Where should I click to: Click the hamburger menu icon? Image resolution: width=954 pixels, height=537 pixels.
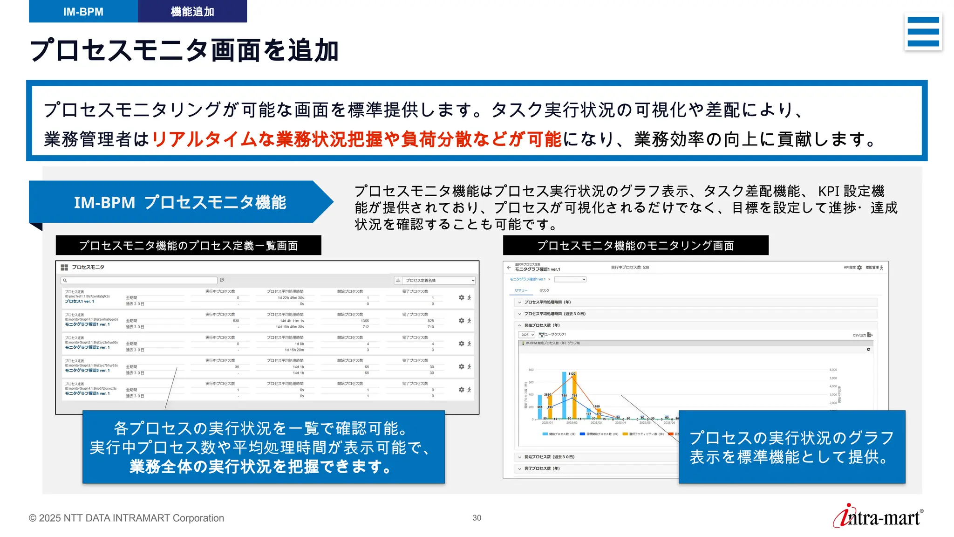[923, 32]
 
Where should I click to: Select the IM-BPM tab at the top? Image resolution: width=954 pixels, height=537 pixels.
[83, 12]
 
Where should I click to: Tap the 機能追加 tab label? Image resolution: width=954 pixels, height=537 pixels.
[192, 12]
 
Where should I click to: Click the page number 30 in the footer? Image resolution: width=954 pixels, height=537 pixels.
[477, 518]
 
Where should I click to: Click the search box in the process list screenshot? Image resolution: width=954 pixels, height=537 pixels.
[139, 280]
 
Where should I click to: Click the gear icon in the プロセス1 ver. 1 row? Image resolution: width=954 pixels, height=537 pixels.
[461, 297]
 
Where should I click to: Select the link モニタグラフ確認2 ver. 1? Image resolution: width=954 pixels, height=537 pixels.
[87, 347]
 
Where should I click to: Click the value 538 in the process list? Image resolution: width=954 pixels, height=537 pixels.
[236, 321]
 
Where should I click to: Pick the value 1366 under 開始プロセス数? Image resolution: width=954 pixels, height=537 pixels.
[365, 321]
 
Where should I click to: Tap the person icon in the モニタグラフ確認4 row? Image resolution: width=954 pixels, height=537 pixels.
[469, 390]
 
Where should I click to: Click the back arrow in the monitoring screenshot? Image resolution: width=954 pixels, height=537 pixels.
[509, 268]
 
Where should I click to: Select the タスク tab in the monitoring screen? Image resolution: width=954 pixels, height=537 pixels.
[544, 290]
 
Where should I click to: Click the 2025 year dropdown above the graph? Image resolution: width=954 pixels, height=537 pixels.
[527, 335]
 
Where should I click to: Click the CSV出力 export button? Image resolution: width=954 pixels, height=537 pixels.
[862, 335]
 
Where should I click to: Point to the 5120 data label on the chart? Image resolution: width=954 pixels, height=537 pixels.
[572, 373]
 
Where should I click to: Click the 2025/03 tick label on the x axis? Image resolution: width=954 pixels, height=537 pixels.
[596, 423]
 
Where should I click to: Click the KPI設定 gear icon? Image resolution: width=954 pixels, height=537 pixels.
[859, 268]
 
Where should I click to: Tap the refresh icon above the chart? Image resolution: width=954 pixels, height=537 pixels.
[868, 349]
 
